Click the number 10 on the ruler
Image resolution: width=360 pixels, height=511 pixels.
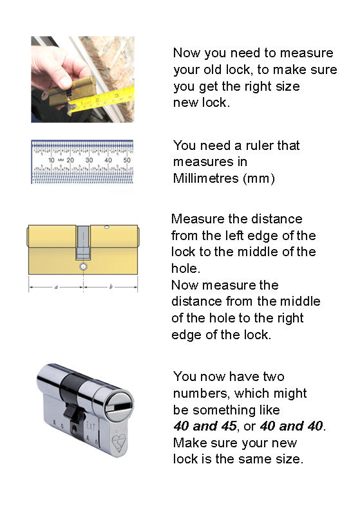point(51,160)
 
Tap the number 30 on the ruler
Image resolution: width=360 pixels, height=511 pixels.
point(89,160)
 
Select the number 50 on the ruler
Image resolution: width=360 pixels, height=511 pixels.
point(127,160)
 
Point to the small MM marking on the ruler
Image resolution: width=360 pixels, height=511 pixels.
point(61,160)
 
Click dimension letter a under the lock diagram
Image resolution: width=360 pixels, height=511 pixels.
point(56,287)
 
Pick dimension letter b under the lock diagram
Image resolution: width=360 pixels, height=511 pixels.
point(111,287)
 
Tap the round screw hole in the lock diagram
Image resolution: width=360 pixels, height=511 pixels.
point(84,267)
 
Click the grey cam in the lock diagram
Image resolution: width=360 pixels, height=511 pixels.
point(83,243)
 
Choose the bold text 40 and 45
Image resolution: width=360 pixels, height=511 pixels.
point(205,426)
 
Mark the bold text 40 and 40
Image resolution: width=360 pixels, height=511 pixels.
point(291,426)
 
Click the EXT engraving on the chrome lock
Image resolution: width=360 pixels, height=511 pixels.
point(90,426)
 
